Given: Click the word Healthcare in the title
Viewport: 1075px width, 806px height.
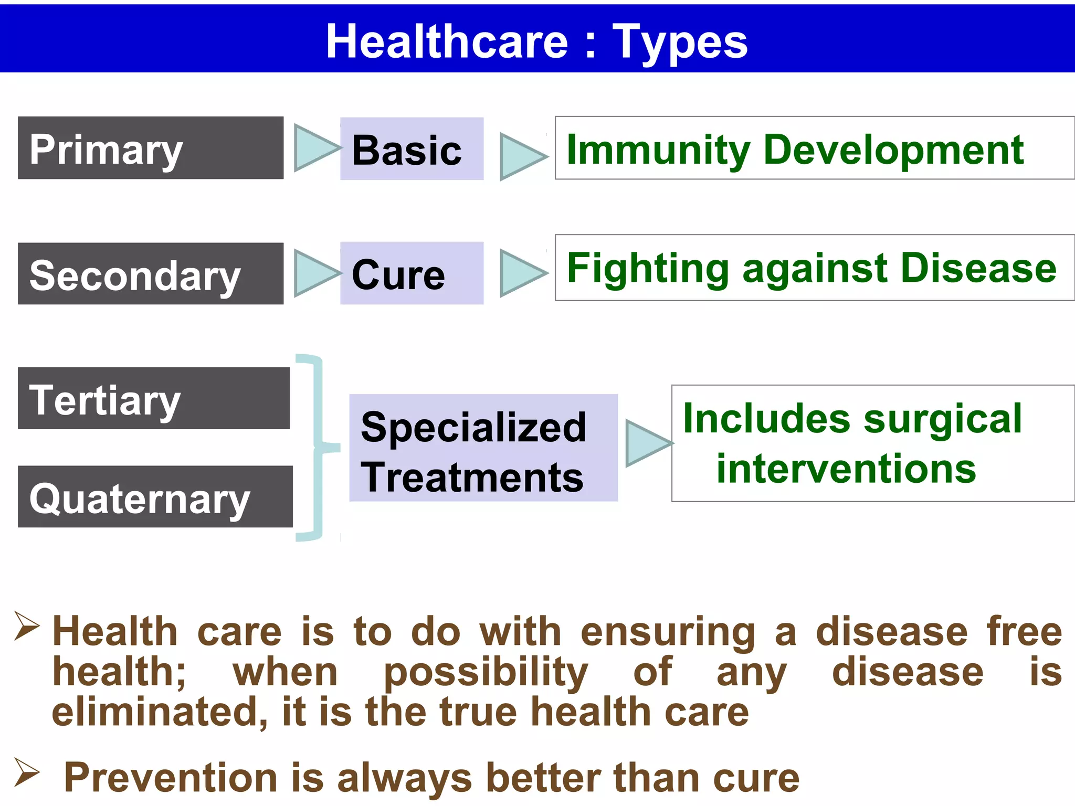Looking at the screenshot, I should (x=447, y=42).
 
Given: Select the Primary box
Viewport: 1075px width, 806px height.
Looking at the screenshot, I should (x=150, y=148).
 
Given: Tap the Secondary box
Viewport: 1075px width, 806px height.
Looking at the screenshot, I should (x=150, y=273).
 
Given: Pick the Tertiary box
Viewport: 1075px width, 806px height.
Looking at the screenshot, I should (x=153, y=398).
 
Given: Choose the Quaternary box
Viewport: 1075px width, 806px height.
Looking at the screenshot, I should (x=155, y=496).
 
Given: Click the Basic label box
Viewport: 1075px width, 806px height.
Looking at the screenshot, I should (x=412, y=149).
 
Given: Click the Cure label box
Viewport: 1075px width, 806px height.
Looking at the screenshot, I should (x=412, y=273).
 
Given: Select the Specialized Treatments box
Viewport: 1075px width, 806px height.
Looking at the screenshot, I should (x=483, y=448).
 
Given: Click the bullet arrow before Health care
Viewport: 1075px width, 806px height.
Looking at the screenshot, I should (x=27, y=627).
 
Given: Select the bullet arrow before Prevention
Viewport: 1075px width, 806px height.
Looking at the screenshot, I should (x=27, y=773).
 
